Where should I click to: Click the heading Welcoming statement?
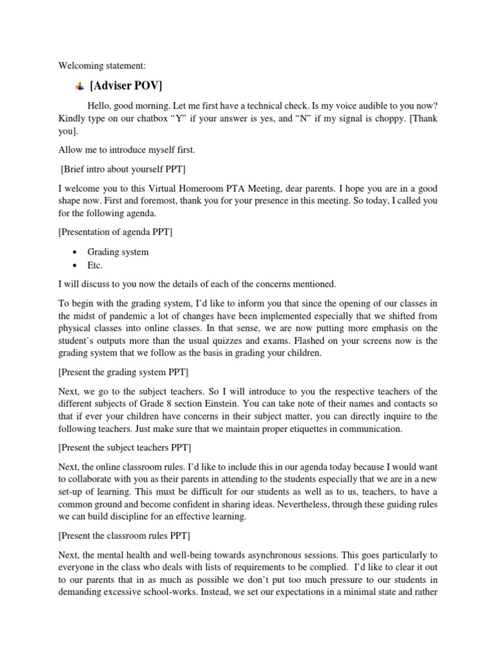[x=102, y=65]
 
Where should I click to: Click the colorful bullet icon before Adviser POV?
[x=79, y=86]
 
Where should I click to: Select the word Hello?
[x=100, y=106]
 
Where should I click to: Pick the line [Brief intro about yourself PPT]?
[x=123, y=169]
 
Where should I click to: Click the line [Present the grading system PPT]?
[x=123, y=373]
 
